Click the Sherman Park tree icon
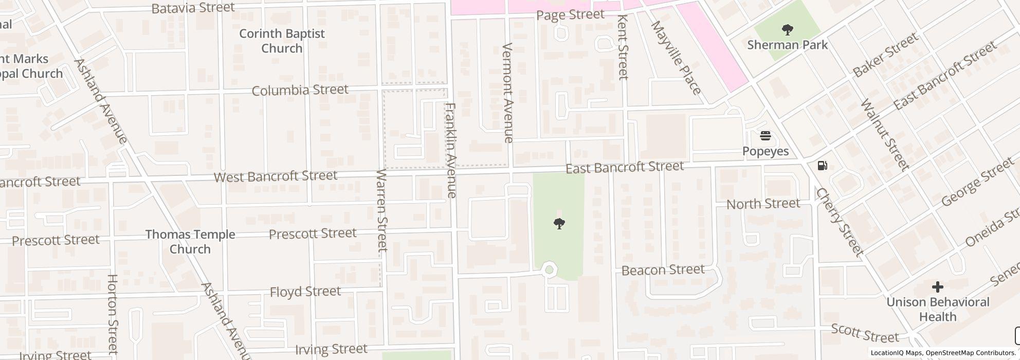coord(787,30)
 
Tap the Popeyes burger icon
coord(766,136)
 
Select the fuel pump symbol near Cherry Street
coord(822,166)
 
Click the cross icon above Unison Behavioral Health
coord(937,286)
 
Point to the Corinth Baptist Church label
coord(282,41)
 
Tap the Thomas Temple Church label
coord(190,242)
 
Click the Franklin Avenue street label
coord(451,150)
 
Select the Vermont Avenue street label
coord(508,93)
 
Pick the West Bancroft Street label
coord(276,176)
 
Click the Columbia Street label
coord(300,91)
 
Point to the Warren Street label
coord(381,210)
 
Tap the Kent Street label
coord(623,47)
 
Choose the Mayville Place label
coord(676,58)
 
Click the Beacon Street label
coord(663,270)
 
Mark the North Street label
coord(763,204)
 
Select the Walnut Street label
coord(884,135)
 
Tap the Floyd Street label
coord(305,292)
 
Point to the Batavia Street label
coord(193,8)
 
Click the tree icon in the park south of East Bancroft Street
coord(559,223)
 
